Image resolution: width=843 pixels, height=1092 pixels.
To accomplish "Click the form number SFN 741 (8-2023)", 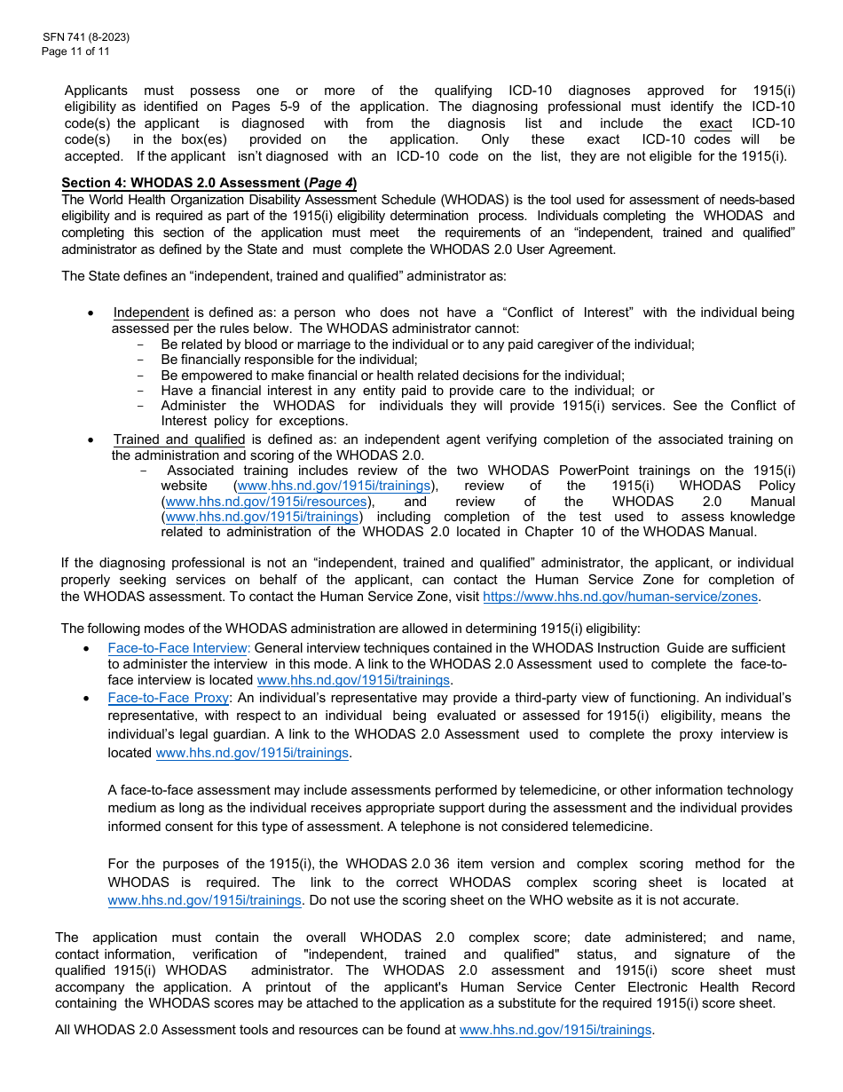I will (85, 38).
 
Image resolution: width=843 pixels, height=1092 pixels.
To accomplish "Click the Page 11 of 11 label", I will (76, 51).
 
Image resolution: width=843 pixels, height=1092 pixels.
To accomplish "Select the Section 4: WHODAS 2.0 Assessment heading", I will (209, 184).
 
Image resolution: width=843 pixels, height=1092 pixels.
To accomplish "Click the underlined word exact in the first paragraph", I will (715, 123).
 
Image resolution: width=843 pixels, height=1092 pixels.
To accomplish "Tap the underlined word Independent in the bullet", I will (151, 313).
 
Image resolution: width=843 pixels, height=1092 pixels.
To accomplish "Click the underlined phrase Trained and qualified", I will (178, 439).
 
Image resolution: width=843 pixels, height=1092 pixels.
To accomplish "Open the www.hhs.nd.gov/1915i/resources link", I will (266, 502).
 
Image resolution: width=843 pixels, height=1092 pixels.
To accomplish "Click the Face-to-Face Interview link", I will (178, 648).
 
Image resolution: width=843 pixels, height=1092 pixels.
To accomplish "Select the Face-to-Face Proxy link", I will (168, 698).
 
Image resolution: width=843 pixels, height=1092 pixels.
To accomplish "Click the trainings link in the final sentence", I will (555, 1031).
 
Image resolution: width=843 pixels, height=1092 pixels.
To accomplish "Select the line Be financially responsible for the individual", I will (288, 360).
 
